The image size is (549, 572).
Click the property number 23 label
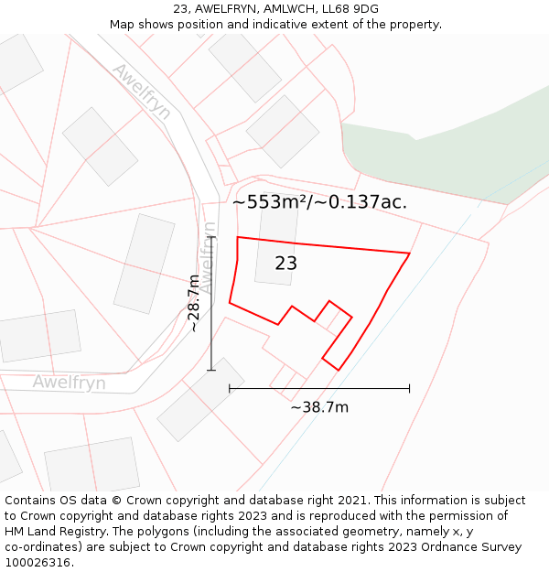coord(285,264)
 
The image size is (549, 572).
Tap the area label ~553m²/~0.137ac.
coord(319,202)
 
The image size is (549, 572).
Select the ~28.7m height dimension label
coord(194,303)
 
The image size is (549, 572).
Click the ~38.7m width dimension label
coord(319,407)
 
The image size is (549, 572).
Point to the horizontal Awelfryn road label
coord(69,383)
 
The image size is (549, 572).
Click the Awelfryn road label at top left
coord(141,92)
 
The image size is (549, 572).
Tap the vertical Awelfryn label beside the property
coord(209,257)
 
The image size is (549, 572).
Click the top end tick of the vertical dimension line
coord(211,237)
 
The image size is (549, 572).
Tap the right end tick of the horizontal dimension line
coord(409,389)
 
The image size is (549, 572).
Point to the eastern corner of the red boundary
coord(409,254)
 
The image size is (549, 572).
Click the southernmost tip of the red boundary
coord(339,370)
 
